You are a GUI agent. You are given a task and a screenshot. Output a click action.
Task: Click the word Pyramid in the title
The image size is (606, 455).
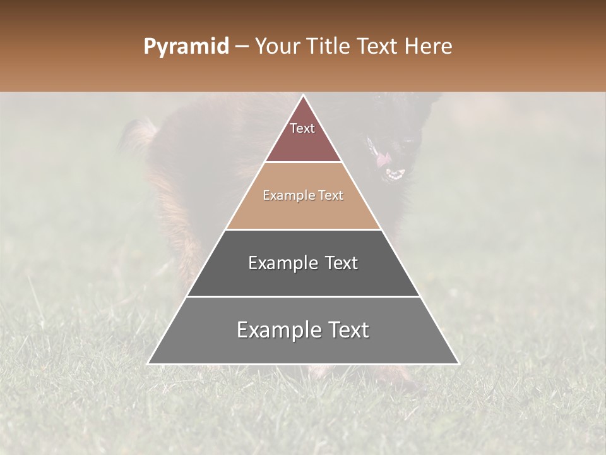tap(186, 47)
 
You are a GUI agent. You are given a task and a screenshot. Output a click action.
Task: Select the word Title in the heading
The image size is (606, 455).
tap(331, 47)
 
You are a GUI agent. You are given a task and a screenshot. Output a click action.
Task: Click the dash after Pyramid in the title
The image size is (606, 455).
tap(241, 47)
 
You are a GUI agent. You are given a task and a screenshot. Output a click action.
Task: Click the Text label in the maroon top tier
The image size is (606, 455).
tap(302, 128)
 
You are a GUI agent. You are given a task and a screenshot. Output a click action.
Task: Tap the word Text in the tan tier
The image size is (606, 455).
tap(331, 196)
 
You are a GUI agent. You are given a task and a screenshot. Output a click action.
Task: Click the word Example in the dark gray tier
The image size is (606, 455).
tap(281, 263)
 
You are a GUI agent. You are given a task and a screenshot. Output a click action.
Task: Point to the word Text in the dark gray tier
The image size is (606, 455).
tap(338, 263)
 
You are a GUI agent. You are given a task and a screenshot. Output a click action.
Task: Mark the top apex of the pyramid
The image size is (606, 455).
tap(303, 95)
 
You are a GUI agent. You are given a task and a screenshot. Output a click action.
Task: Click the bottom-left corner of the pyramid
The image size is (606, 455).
tap(148, 363)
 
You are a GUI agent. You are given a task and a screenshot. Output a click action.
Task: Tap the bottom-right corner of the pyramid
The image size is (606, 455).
tap(458, 363)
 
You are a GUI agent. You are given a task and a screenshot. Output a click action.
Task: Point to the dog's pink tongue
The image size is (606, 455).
tap(383, 159)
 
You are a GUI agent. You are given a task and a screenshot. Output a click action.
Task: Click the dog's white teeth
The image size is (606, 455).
tap(395, 174)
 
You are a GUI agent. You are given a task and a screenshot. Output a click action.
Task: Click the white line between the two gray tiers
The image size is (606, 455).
tap(303, 296)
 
